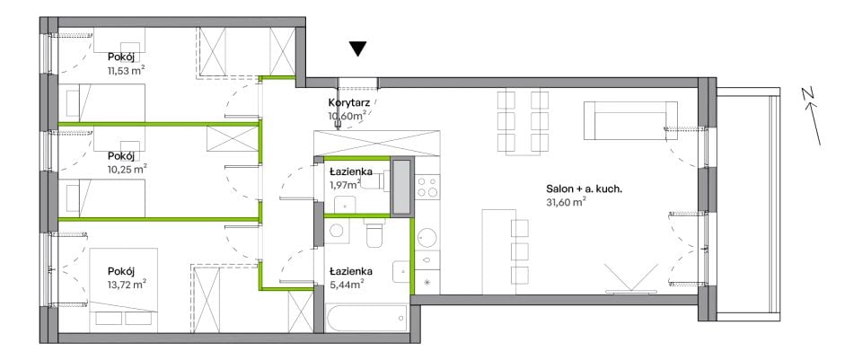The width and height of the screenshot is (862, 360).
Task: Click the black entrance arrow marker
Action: coord(358,48)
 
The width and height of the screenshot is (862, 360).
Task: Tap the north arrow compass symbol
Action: coord(812,117)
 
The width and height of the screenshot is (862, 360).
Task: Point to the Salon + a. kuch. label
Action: coord(584,189)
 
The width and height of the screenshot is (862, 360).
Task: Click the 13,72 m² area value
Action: coord(127,284)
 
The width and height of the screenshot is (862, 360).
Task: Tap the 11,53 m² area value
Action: coord(127,70)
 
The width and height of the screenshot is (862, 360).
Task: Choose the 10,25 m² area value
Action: coord(127,168)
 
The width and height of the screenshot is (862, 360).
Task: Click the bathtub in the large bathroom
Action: coord(365,318)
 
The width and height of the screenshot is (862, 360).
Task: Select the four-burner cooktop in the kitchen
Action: coord(427,186)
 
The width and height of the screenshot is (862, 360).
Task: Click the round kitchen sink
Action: coord(427,238)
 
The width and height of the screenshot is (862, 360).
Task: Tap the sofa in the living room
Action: coord(630,120)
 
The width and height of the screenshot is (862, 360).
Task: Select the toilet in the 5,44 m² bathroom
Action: coord(376,233)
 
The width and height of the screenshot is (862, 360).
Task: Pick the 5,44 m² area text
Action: coord(347,284)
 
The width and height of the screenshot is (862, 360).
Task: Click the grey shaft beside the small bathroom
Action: coord(400,187)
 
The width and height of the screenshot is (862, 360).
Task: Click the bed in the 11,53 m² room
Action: coord(101,102)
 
